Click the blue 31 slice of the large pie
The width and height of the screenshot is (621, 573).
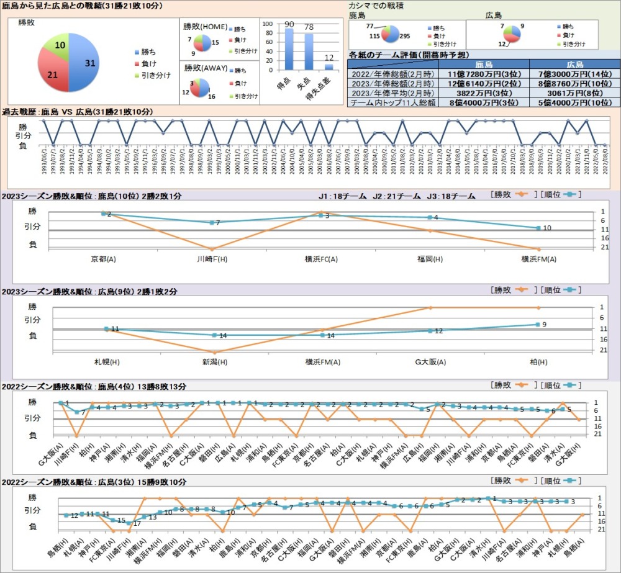[x=84, y=62]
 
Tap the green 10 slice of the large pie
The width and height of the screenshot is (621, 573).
[x=57, y=45]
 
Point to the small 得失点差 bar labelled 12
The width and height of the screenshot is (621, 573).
[x=329, y=67]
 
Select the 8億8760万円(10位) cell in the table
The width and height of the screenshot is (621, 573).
[x=574, y=83]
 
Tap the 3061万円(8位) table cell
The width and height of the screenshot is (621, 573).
[x=574, y=92]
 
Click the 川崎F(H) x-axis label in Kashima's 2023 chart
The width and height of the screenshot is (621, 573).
[x=212, y=258]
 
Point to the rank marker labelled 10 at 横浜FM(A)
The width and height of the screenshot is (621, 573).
[x=538, y=228]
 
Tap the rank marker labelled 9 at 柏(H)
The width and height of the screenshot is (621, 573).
[x=538, y=325]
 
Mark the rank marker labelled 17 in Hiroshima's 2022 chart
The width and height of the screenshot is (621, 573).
[x=129, y=523]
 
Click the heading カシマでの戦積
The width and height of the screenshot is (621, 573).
[x=379, y=5]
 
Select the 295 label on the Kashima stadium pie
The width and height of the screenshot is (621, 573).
[x=405, y=36]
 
